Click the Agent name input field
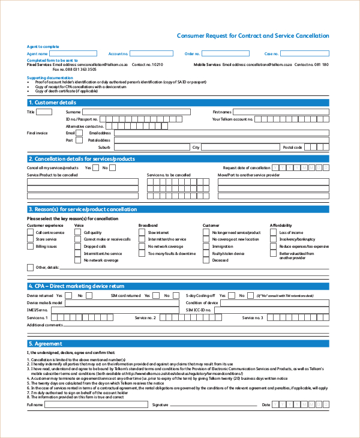[77, 54]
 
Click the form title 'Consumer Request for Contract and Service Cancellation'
[253, 36]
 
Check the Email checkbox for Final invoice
[79, 133]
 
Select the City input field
[240, 147]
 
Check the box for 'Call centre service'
[31, 232]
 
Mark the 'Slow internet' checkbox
[142, 232]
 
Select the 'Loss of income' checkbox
[274, 232]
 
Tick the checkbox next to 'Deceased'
[206, 260]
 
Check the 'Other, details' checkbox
[31, 267]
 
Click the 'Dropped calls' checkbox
[78, 246]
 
